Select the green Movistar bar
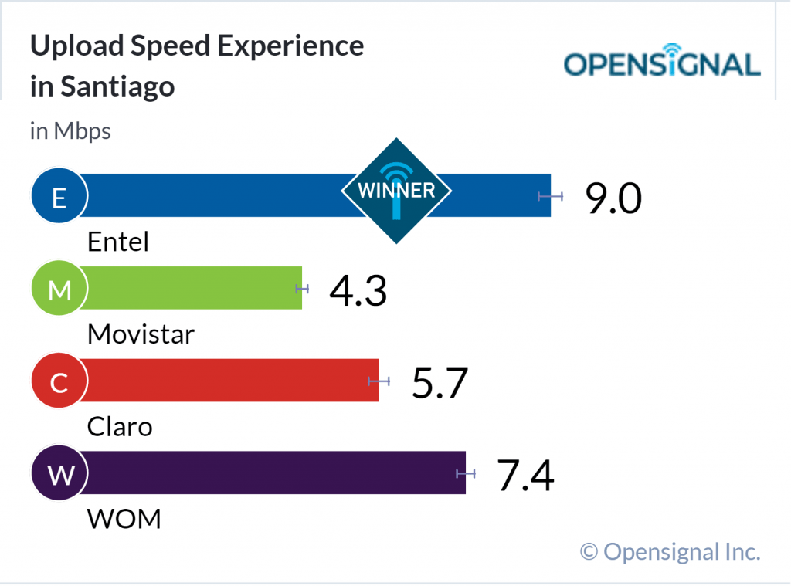pyautogui.click(x=193, y=288)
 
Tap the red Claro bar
pyautogui.click(x=232, y=380)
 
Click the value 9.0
pyautogui.click(x=613, y=198)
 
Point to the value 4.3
pyautogui.click(x=358, y=290)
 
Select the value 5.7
pyautogui.click(x=440, y=383)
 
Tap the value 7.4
pyautogui.click(x=525, y=475)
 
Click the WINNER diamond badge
pyautogui.click(x=396, y=191)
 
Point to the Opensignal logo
pyautogui.click(x=662, y=64)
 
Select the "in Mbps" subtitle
pyautogui.click(x=70, y=131)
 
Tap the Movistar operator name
pyautogui.click(x=141, y=334)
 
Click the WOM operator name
pyautogui.click(x=124, y=519)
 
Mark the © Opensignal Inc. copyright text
pyautogui.click(x=670, y=551)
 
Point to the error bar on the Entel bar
pyautogui.click(x=551, y=196)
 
